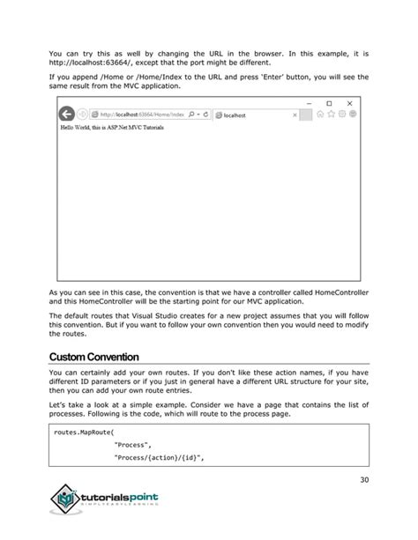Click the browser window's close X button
(x=349, y=103)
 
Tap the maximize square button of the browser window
(x=329, y=103)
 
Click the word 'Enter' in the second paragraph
(x=258, y=77)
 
